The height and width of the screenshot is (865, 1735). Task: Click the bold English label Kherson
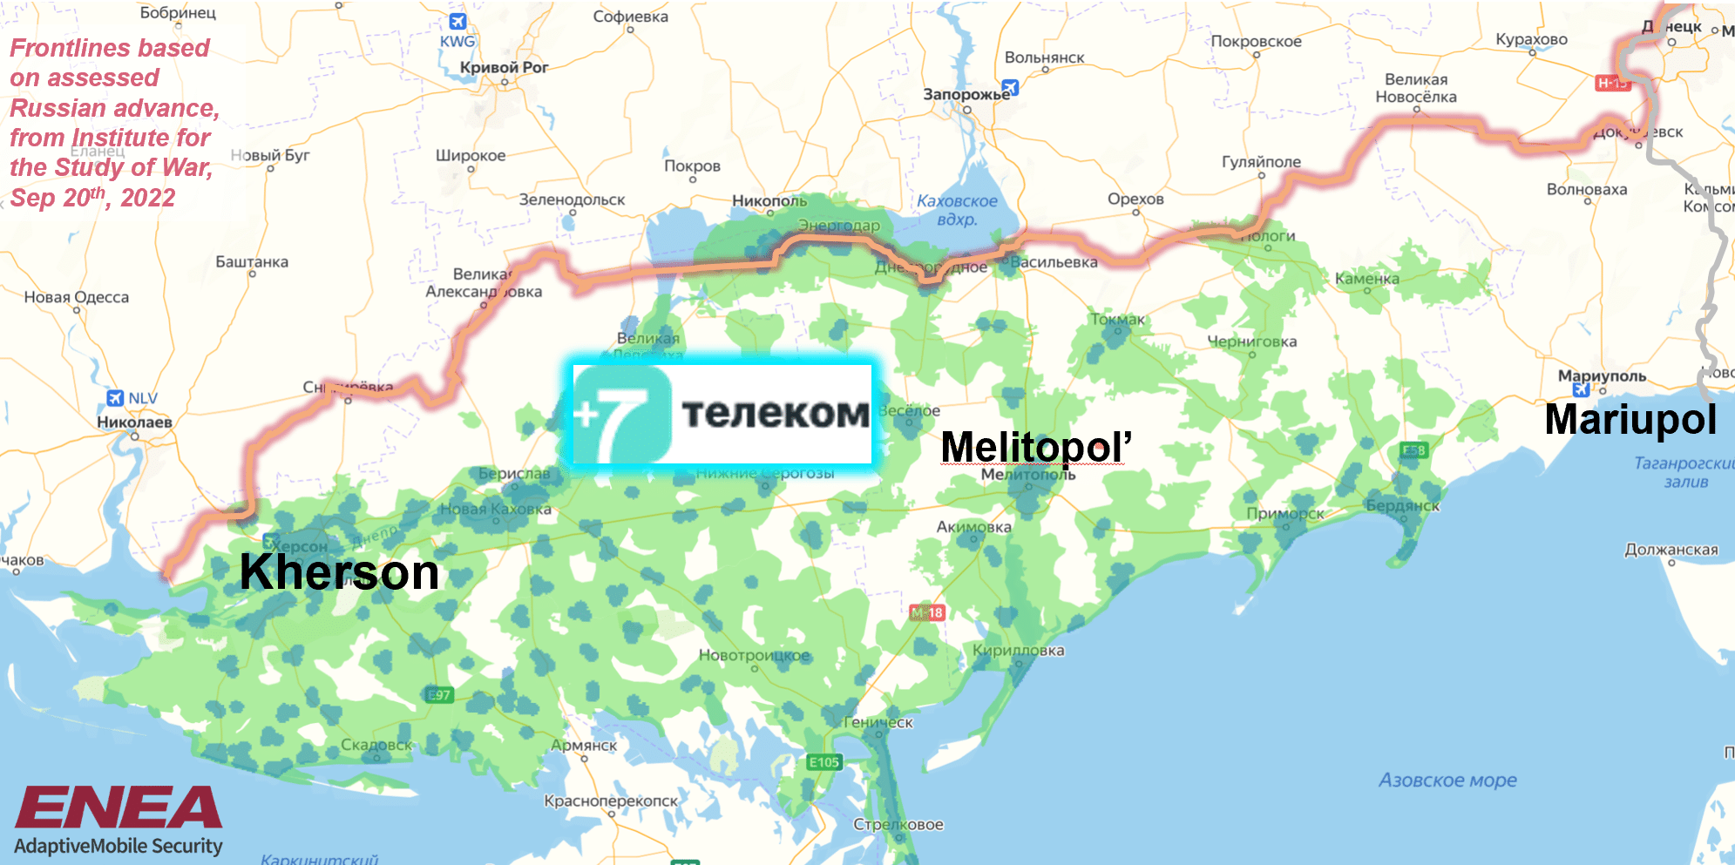pyautogui.click(x=339, y=572)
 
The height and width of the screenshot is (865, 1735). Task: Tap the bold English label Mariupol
pyautogui.click(x=1630, y=419)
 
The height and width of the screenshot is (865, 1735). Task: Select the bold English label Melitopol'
pyautogui.click(x=1035, y=447)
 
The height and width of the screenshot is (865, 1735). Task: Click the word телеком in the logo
pyautogui.click(x=775, y=413)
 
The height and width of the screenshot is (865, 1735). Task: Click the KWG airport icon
pyautogui.click(x=457, y=22)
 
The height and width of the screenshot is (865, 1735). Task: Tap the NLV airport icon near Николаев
pyautogui.click(x=115, y=398)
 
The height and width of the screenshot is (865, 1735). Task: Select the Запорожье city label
pyautogui.click(x=966, y=94)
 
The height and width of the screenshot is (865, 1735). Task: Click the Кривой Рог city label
pyautogui.click(x=504, y=67)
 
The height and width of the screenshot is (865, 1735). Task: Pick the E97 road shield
pyautogui.click(x=439, y=694)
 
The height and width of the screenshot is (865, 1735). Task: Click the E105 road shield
pyautogui.click(x=823, y=762)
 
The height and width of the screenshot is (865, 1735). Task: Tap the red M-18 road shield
pyautogui.click(x=926, y=612)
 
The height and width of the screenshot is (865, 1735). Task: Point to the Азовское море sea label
pyautogui.click(x=1447, y=781)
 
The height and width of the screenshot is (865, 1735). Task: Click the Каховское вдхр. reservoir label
pyautogui.click(x=956, y=209)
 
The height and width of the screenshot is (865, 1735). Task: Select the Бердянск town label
pyautogui.click(x=1402, y=505)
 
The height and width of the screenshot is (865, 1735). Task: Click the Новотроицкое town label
pyautogui.click(x=754, y=655)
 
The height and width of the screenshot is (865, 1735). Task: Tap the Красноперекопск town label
pyautogui.click(x=610, y=801)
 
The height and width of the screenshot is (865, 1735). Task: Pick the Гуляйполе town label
pyautogui.click(x=1260, y=161)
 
